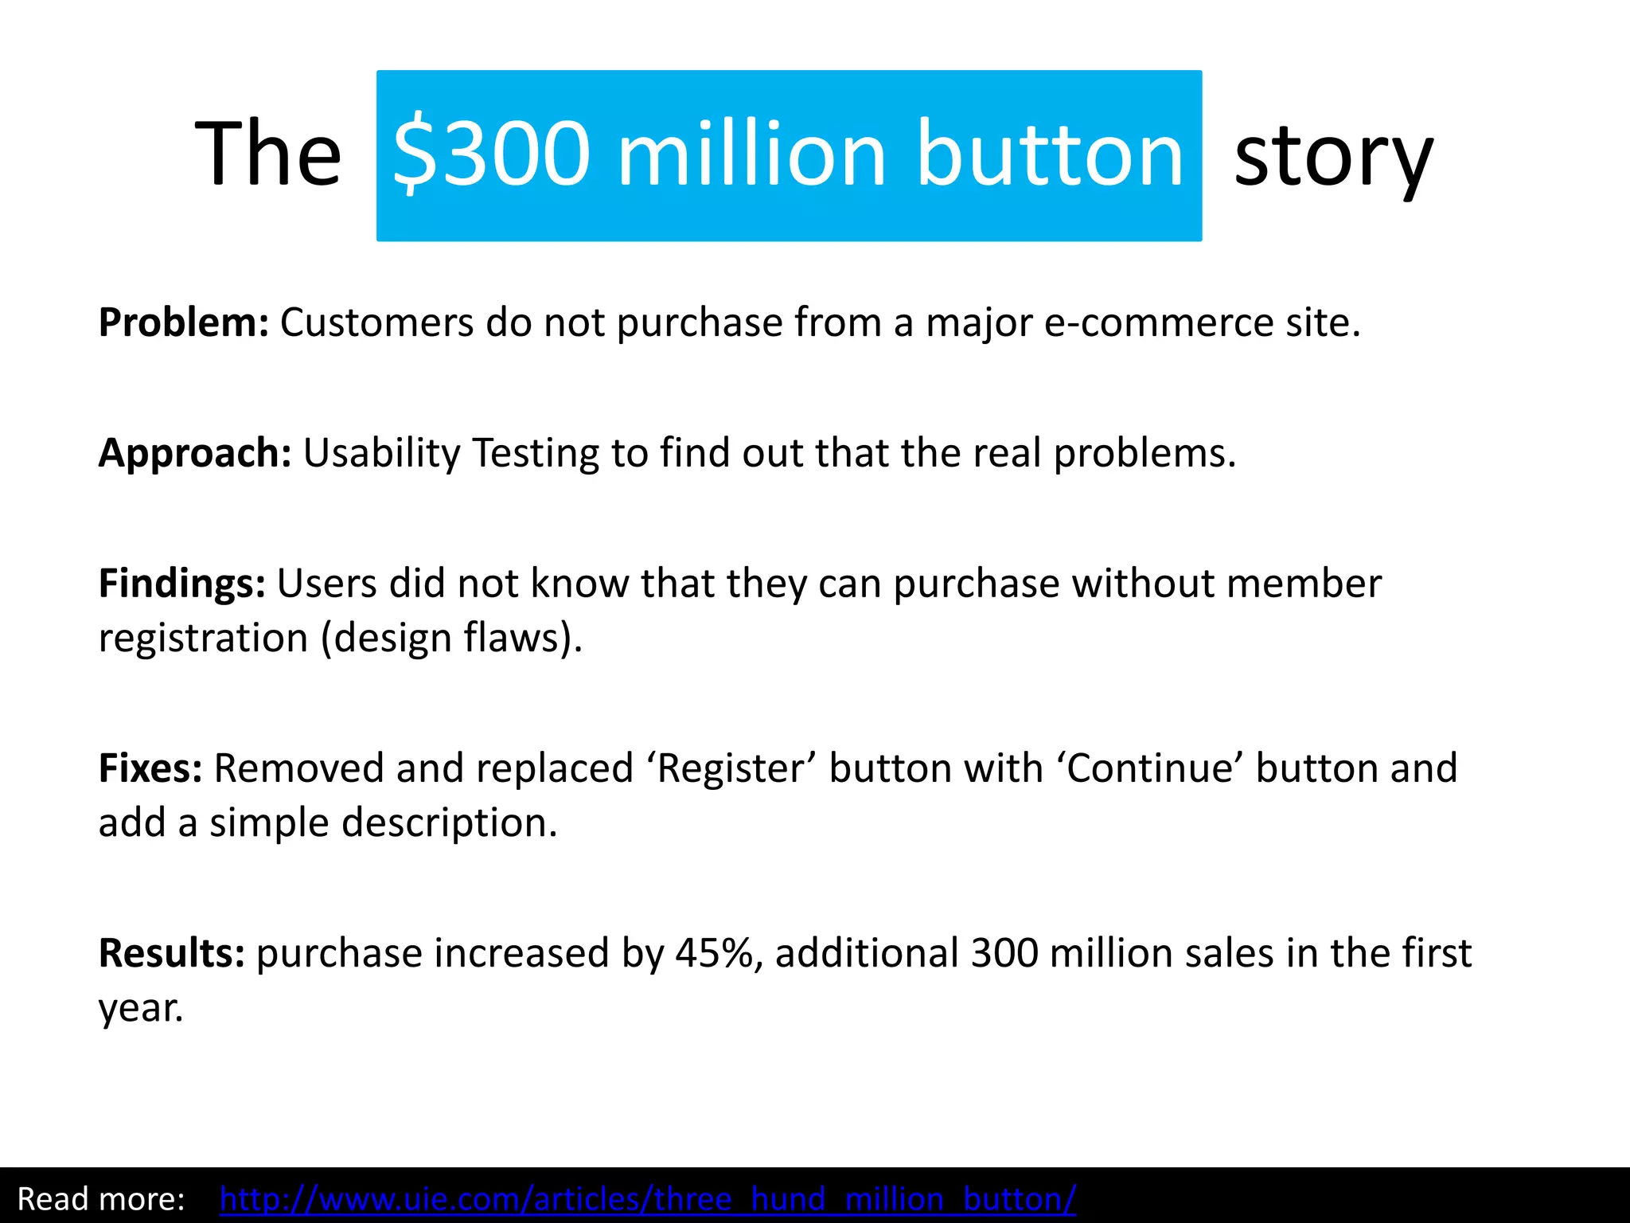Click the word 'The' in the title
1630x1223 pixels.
(x=268, y=153)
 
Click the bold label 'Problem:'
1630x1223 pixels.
(x=184, y=322)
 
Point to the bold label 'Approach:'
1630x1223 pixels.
(x=195, y=453)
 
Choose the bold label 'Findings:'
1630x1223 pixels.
(x=182, y=584)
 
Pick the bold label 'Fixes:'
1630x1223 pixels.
(x=150, y=768)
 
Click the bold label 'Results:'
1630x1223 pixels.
(x=172, y=953)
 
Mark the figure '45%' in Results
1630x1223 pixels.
(x=714, y=953)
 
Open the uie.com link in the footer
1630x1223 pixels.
(x=647, y=1198)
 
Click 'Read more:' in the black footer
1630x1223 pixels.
(x=101, y=1198)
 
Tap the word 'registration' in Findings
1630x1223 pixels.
(x=203, y=638)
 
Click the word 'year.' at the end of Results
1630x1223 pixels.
(x=141, y=1009)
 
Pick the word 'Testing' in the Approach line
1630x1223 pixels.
(x=535, y=453)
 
